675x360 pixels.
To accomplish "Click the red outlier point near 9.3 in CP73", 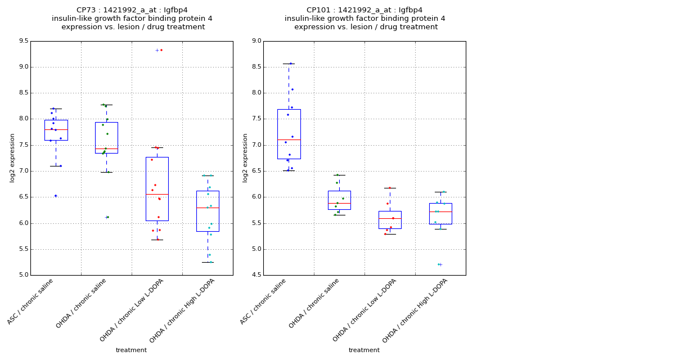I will pyautogui.click(x=161, y=50).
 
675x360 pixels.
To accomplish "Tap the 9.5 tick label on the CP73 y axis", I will pyautogui.click(x=23, y=41).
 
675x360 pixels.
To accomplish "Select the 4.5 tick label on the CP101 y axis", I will pyautogui.click(x=256, y=275).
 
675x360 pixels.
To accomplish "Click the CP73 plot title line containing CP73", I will pyautogui.click(x=132, y=10).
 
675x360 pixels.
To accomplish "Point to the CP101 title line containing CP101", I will pyautogui.click(x=364, y=10).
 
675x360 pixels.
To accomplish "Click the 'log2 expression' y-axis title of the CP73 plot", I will pyautogui.click(x=12, y=158).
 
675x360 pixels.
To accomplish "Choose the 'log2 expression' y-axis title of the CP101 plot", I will pyautogui.click(x=245, y=158).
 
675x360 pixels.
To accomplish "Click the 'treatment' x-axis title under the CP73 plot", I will pyautogui.click(x=131, y=350).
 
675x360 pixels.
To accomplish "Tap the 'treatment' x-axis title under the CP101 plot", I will pyautogui.click(x=364, y=350).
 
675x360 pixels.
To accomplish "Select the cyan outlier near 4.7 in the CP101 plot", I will pyautogui.click(x=439, y=264).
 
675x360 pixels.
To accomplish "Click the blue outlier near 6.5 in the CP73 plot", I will pyautogui.click(x=56, y=196).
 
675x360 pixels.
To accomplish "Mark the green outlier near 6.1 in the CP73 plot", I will pyautogui.click(x=107, y=217).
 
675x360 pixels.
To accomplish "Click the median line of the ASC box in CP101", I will pyautogui.click(x=289, y=139).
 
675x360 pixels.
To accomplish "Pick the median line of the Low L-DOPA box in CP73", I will pyautogui.click(x=157, y=194).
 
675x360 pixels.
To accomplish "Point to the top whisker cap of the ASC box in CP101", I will pyautogui.click(x=289, y=64).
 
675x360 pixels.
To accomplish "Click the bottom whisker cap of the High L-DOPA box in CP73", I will pyautogui.click(x=208, y=262).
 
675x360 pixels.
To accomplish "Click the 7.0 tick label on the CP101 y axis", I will pyautogui.click(x=256, y=145).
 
